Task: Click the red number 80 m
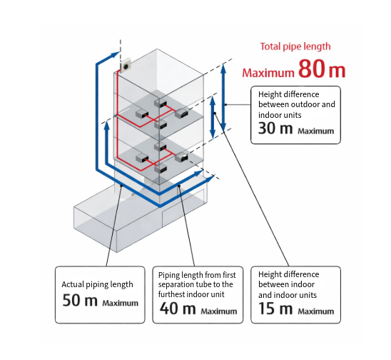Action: [x=322, y=69]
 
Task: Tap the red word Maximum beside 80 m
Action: [x=268, y=72]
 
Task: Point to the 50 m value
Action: [x=79, y=301]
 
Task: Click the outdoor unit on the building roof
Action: [x=128, y=66]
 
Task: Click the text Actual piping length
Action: [x=97, y=284]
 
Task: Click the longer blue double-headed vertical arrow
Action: [x=223, y=98]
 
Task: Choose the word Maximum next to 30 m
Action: [x=315, y=131]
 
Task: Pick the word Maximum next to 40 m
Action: [x=218, y=311]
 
